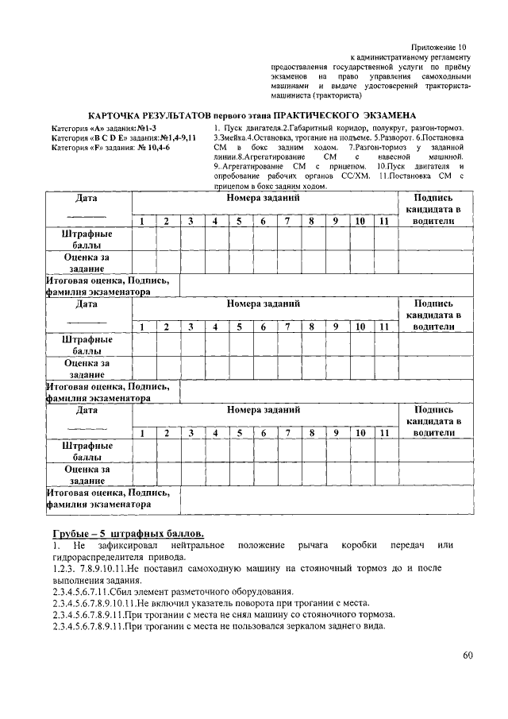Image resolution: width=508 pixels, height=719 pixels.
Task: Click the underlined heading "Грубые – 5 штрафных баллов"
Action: coord(128,532)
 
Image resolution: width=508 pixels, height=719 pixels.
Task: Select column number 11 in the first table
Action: coord(383,221)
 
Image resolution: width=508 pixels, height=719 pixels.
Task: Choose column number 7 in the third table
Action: coord(287,433)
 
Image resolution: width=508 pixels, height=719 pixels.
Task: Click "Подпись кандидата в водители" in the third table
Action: coord(433,421)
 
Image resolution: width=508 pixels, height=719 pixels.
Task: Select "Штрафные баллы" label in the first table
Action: coord(87,240)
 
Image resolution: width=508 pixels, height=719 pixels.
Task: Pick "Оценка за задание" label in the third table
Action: coord(87,475)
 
